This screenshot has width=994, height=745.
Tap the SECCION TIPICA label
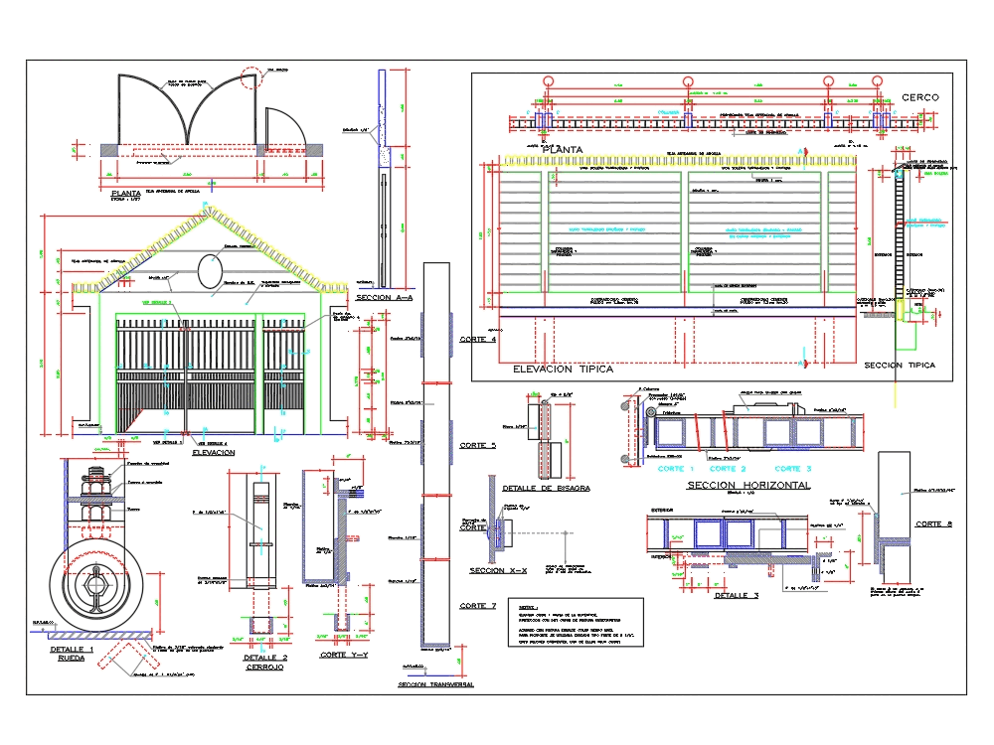[900, 365]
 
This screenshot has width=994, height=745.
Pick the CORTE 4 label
[478, 340]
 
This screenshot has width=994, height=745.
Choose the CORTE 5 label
[478, 446]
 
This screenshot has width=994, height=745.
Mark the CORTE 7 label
[478, 605]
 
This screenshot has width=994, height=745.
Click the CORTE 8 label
[933, 523]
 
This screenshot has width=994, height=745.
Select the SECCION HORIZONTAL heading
[748, 485]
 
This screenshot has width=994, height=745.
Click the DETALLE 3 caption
[737, 596]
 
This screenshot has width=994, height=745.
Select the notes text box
[575, 623]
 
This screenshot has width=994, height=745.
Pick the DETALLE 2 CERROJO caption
[265, 663]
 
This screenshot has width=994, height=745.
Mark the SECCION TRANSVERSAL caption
[435, 684]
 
